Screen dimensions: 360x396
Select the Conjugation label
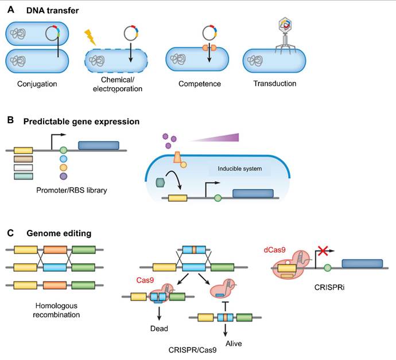(37, 84)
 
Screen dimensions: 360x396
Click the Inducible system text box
(241, 169)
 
